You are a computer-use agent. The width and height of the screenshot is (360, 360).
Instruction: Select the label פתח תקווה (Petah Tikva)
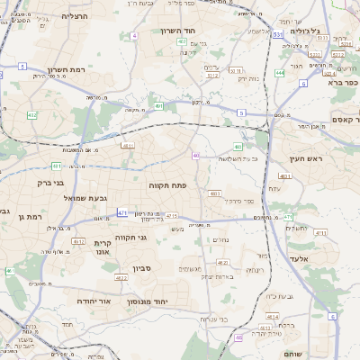(x=167, y=184)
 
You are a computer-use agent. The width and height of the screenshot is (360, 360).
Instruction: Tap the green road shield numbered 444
(x=281, y=72)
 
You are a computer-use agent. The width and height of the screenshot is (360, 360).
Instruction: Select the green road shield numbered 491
(x=158, y=106)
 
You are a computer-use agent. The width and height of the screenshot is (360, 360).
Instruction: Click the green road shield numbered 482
(x=238, y=147)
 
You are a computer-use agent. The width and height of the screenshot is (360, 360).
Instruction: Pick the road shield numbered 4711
(x=321, y=233)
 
